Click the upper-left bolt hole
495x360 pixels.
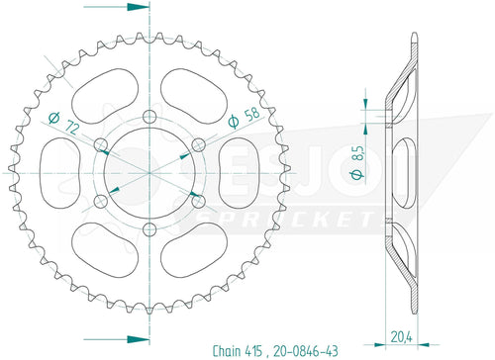101,149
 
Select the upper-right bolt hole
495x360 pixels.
200,145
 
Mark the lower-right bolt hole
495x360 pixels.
199,202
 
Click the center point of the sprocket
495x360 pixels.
150,174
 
